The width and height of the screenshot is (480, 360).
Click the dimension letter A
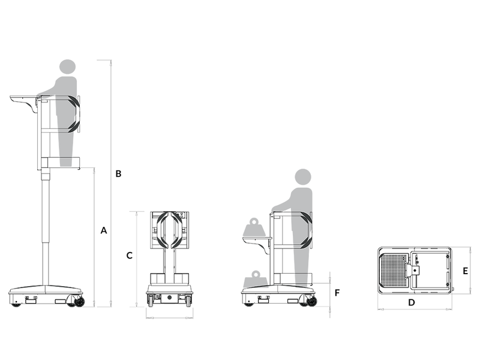[x=104, y=230]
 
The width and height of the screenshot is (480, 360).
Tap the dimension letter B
[x=118, y=174]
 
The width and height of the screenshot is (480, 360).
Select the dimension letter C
[x=130, y=256]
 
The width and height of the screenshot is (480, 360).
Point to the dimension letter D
[x=412, y=302]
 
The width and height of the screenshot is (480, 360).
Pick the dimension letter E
[x=466, y=271]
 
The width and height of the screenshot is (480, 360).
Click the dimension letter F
[x=337, y=293]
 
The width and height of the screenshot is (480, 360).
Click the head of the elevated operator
[x=67, y=67]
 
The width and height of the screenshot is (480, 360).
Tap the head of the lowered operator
[x=303, y=176]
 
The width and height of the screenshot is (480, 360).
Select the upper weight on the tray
[x=254, y=227]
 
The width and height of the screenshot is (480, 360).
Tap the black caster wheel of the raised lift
[x=79, y=302]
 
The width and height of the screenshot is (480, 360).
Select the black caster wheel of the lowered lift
[x=312, y=302]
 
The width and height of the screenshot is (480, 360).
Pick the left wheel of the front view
[x=151, y=301]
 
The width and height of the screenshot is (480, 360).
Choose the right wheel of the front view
[x=188, y=301]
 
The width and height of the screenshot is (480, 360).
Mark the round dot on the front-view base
[x=170, y=298]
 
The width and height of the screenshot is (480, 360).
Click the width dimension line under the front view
[x=170, y=318]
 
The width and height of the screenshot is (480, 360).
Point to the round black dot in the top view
[x=415, y=271]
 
